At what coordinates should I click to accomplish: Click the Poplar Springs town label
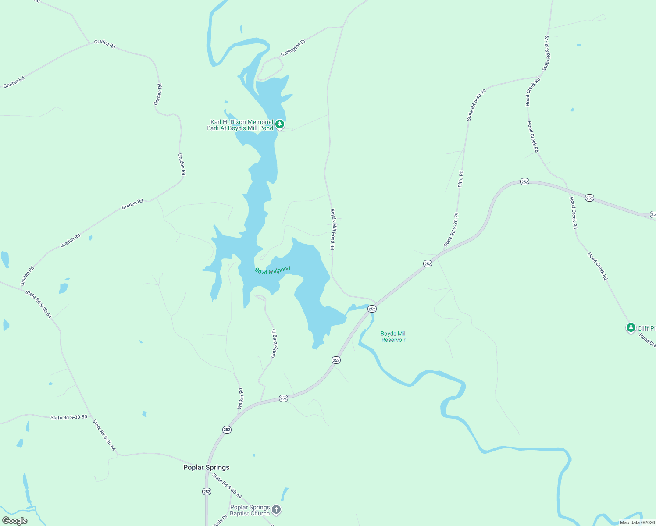[206, 467]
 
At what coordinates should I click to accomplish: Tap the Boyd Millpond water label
[272, 270]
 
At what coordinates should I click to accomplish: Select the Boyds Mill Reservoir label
[393, 337]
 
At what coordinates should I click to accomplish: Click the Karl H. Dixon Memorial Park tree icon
[279, 124]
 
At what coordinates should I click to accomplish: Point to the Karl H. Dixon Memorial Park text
[240, 125]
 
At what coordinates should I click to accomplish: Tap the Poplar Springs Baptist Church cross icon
[276, 509]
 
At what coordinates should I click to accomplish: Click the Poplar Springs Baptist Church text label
[250, 510]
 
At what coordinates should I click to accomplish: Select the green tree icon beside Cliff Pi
[631, 327]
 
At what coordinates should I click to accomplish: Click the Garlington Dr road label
[293, 48]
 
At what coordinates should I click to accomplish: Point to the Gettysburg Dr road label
[274, 343]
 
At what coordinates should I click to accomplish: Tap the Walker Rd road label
[240, 399]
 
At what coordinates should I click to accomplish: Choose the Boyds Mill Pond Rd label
[333, 229]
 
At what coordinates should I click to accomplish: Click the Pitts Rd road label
[460, 179]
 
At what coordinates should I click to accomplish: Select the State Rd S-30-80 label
[68, 417]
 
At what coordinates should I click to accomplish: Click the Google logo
[15, 521]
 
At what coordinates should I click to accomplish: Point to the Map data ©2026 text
[636, 522]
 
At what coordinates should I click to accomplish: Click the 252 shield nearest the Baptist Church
[207, 492]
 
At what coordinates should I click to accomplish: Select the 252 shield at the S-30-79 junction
[428, 263]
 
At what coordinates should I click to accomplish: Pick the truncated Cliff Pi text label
[646, 328]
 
